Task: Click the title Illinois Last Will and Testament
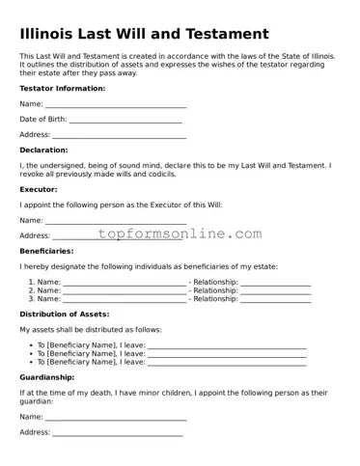click(x=144, y=35)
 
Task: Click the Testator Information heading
click(x=63, y=88)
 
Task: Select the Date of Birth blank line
click(x=125, y=120)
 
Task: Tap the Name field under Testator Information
click(x=116, y=104)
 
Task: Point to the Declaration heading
click(x=43, y=151)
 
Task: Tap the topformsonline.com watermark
click(x=180, y=234)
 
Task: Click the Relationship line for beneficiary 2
click(x=275, y=290)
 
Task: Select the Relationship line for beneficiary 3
click(x=275, y=299)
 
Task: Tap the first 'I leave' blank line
click(x=228, y=345)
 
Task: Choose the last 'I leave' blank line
click(x=228, y=363)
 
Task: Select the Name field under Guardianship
click(x=116, y=417)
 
